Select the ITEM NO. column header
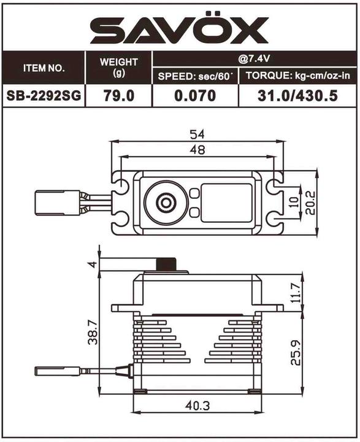(x=44, y=68)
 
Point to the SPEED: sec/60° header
(x=195, y=76)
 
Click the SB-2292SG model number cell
(x=44, y=96)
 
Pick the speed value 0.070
(x=195, y=96)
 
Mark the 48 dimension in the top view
(x=199, y=149)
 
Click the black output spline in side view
(x=165, y=265)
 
